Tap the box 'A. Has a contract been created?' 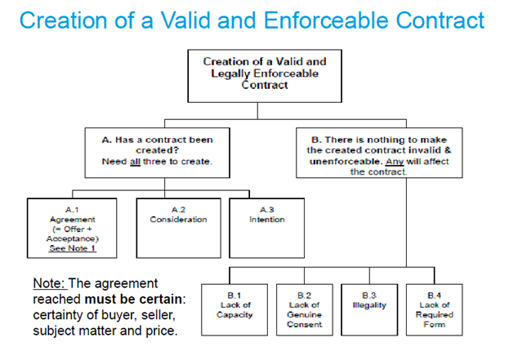[157, 149]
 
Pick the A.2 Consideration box [178, 225]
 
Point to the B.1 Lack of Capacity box [240, 309]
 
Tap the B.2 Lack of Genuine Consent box [304, 309]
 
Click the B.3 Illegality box [368, 309]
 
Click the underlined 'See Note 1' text [73, 247]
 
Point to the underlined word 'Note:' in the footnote [50, 284]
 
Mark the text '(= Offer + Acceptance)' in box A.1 [72, 233]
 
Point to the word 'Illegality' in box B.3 [368, 305]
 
